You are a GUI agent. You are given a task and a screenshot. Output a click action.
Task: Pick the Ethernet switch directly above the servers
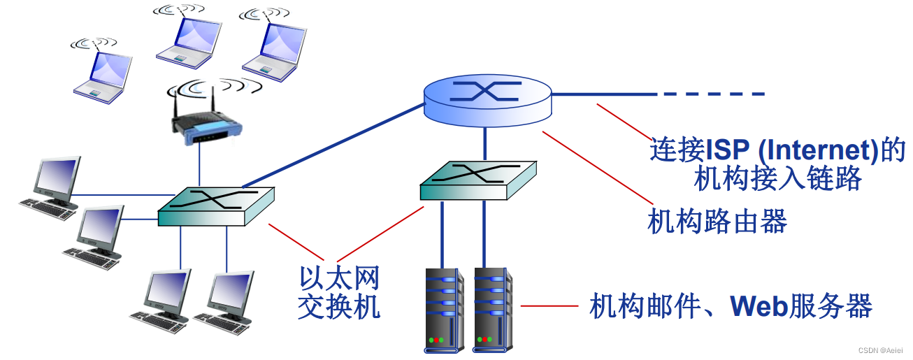coord(478,180)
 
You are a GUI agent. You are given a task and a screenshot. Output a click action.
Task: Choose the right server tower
coord(492,308)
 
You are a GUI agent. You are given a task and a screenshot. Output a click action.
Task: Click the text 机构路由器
coord(717,222)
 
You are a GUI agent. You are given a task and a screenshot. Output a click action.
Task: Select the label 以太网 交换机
coord(339,294)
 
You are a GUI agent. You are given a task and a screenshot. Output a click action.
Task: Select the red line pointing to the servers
coord(549,306)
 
